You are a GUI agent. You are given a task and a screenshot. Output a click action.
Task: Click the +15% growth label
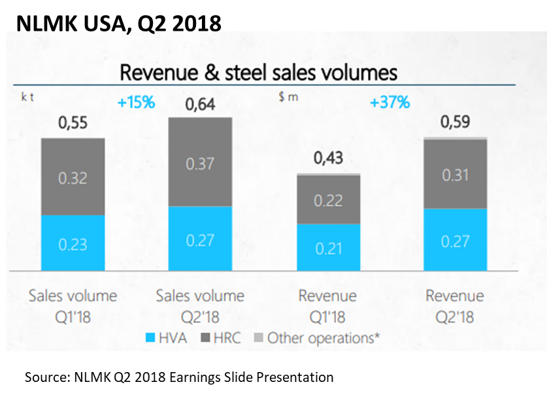[x=136, y=103]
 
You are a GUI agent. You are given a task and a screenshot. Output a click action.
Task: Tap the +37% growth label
[x=390, y=103]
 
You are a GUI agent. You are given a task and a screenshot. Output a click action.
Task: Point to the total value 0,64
[x=201, y=104]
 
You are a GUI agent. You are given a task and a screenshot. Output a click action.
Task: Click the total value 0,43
[x=328, y=160]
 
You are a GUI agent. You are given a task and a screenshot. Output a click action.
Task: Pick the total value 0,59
[x=456, y=122]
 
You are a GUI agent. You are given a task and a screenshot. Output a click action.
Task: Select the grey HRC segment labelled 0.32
[x=73, y=177]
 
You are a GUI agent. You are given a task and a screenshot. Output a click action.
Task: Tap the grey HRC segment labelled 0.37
[x=201, y=162]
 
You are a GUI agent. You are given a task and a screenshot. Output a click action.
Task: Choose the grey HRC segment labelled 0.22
[x=328, y=200]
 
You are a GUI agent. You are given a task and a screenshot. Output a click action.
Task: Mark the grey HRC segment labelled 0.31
[x=456, y=174]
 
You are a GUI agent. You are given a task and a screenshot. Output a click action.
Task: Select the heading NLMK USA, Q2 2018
[x=118, y=23]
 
